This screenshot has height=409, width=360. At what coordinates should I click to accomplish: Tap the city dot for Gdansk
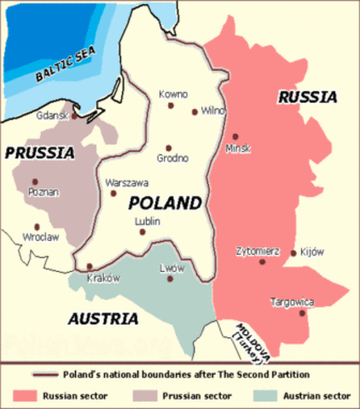(75, 116)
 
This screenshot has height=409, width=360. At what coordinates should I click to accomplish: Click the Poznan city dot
(35, 181)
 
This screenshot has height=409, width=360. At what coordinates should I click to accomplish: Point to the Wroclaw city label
(42, 237)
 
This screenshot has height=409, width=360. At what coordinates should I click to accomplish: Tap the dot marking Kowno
(171, 106)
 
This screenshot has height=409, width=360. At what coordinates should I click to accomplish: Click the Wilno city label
(212, 111)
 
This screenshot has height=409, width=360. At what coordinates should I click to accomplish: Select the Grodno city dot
(168, 147)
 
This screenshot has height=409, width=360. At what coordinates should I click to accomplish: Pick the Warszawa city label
(127, 182)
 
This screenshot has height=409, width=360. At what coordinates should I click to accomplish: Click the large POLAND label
(165, 203)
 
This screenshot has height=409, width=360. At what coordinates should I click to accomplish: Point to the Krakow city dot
(90, 267)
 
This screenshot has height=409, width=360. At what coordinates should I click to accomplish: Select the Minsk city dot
(235, 136)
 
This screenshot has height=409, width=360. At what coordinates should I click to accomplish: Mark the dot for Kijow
(293, 252)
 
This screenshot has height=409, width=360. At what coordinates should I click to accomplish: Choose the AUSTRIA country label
(101, 319)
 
